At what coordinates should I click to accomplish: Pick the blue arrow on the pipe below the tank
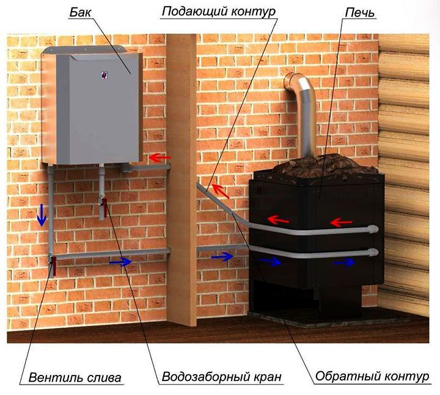pyautogui.click(x=120, y=262)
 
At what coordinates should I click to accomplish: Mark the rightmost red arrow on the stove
pyautogui.click(x=340, y=222)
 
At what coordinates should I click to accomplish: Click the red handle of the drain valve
pyautogui.click(x=54, y=266)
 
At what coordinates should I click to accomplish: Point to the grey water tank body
pyautogui.click(x=92, y=110)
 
